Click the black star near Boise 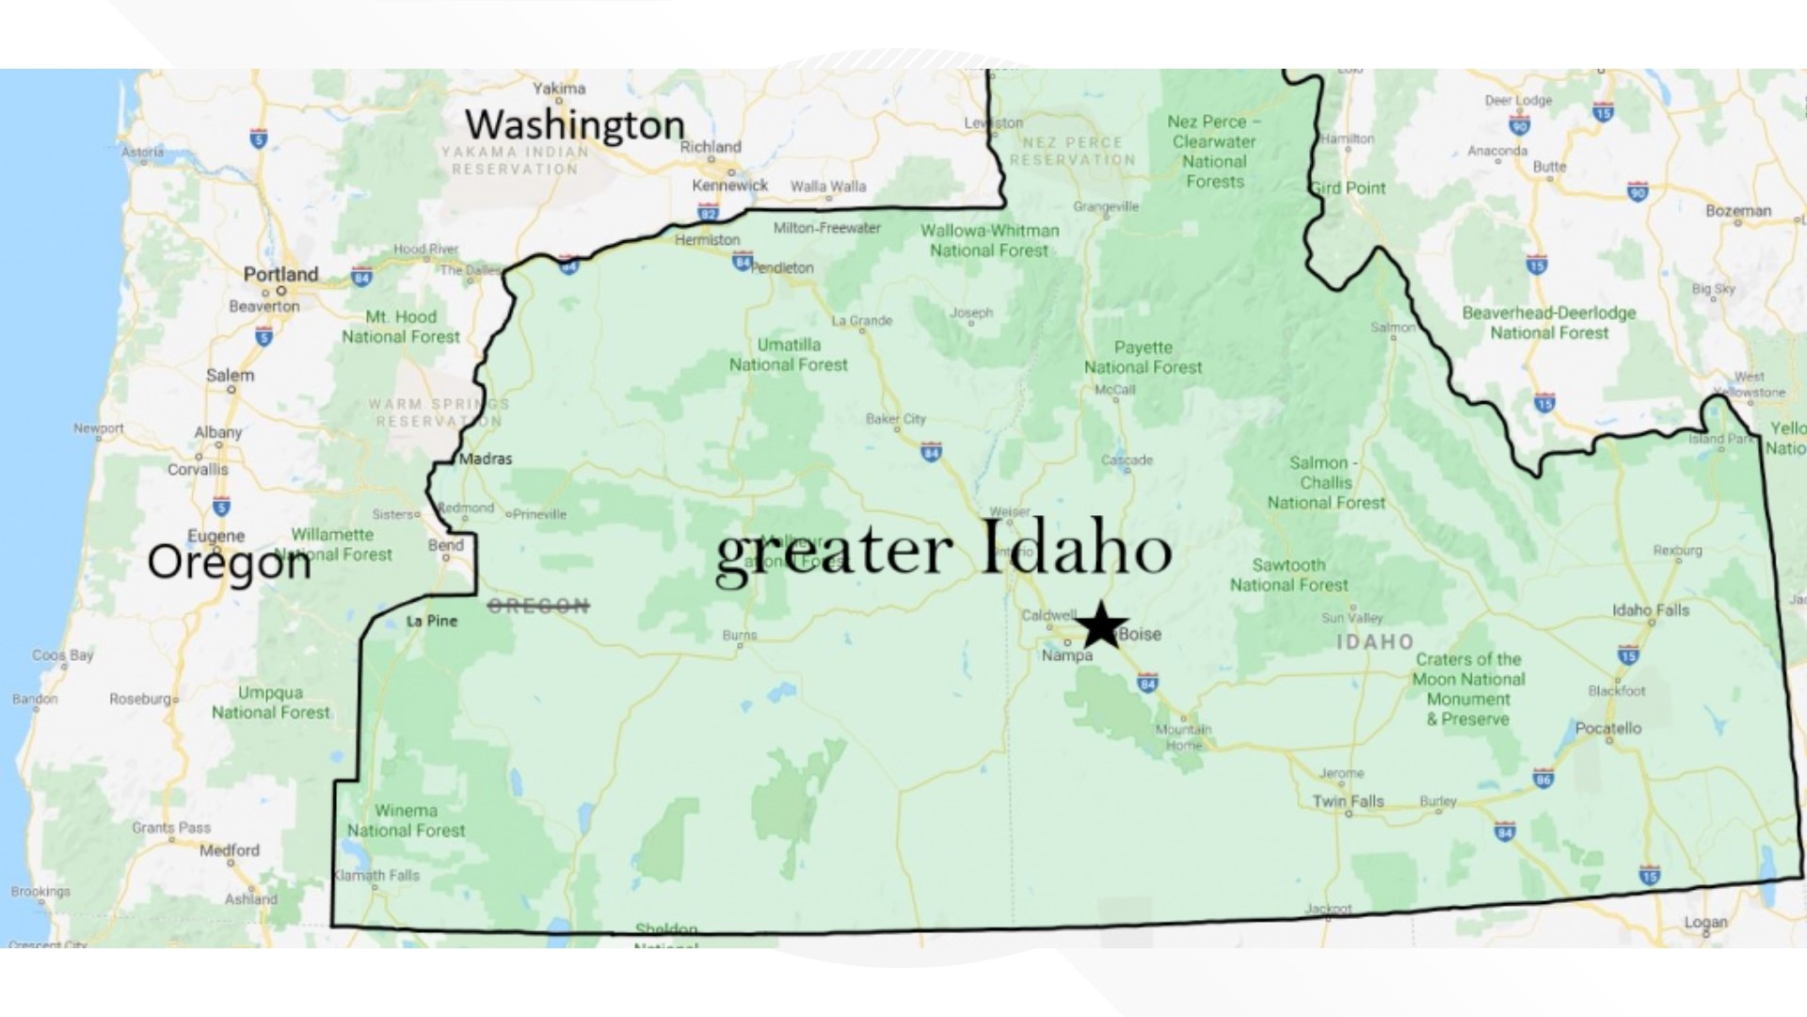pos(1100,625)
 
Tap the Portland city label pos(280,274)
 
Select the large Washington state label pos(575,125)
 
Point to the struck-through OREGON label pos(538,605)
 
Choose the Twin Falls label pos(1348,801)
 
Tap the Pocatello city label pos(1607,728)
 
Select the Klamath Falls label pos(377,875)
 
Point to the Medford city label pos(229,849)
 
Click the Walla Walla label pos(828,186)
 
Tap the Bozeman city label pos(1737,211)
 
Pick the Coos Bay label pos(63,654)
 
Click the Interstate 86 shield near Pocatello pos(1543,778)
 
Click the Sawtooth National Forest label pos(1288,574)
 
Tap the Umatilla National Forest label pos(789,354)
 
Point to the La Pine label pos(431,621)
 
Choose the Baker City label pos(895,418)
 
